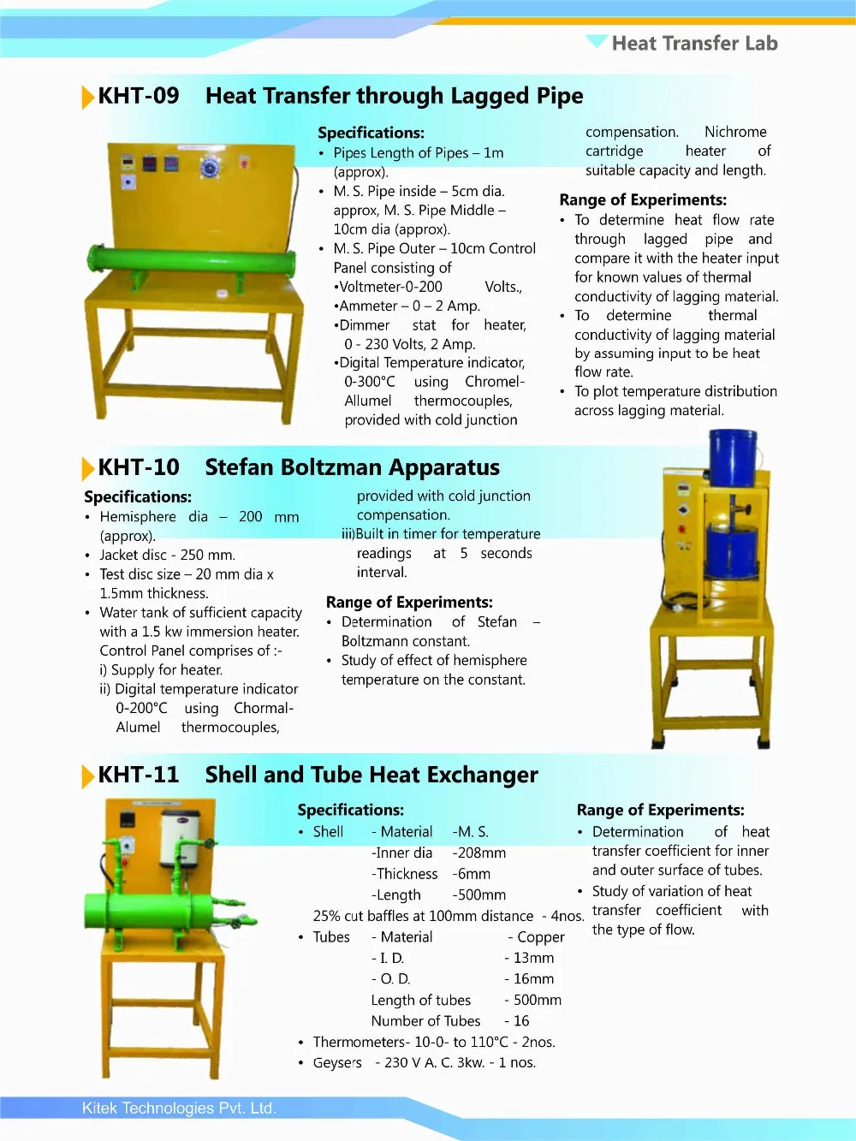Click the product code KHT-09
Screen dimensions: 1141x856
139,96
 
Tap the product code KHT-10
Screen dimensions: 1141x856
139,467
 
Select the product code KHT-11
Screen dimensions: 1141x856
139,775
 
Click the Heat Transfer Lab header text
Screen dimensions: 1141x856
694,44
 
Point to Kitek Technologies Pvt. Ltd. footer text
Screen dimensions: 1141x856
179,1108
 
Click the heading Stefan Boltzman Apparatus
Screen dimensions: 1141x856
352,467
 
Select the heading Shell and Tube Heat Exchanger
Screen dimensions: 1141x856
372,775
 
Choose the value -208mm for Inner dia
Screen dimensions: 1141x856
479,853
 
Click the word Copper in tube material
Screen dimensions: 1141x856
541,937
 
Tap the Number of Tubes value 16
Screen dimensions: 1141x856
521,1021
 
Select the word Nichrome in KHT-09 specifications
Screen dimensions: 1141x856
735,132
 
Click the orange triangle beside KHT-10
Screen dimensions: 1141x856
87,469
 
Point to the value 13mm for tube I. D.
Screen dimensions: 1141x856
533,959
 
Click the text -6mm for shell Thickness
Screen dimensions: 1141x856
472,874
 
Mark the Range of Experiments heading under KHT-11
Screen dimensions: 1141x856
660,810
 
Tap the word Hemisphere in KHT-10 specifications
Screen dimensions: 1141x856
138,517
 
